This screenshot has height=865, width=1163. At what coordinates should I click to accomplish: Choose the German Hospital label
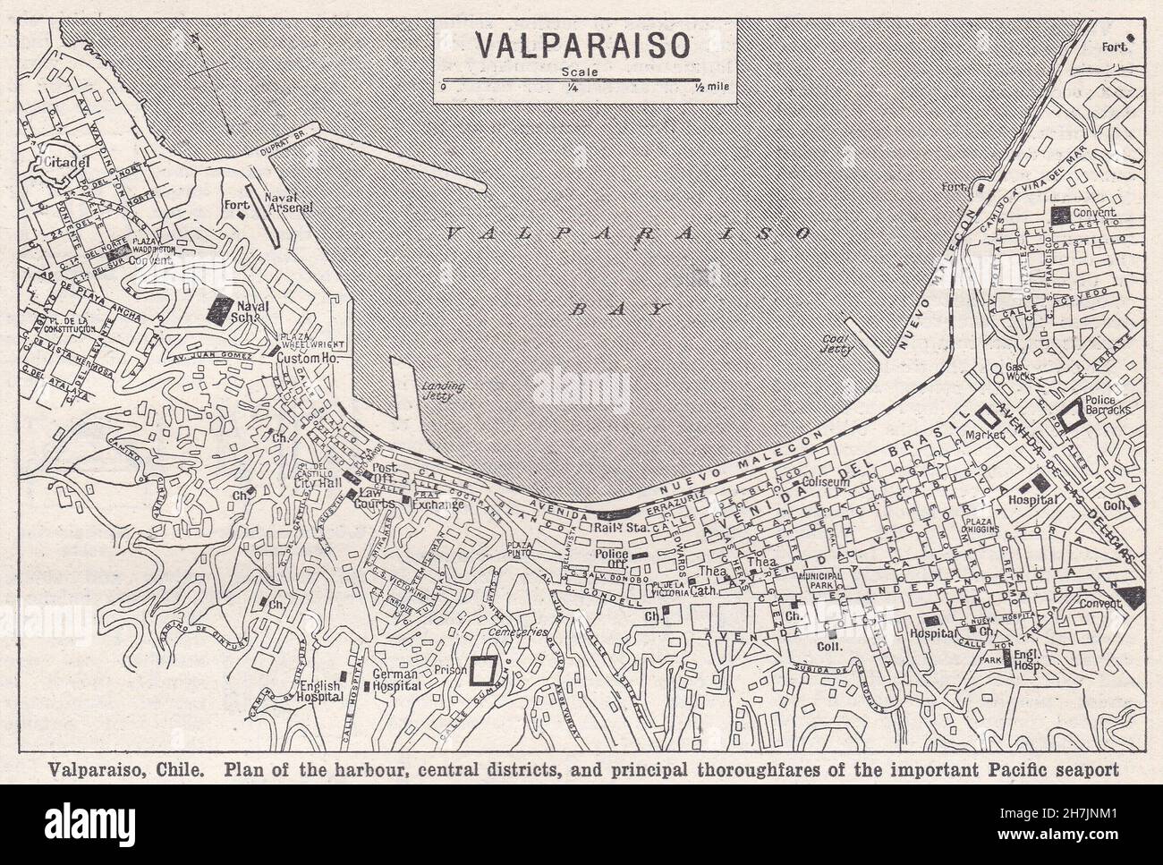point(396,680)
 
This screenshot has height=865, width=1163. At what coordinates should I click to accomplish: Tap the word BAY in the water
point(620,310)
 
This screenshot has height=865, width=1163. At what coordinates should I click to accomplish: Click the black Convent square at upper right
point(1062,214)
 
